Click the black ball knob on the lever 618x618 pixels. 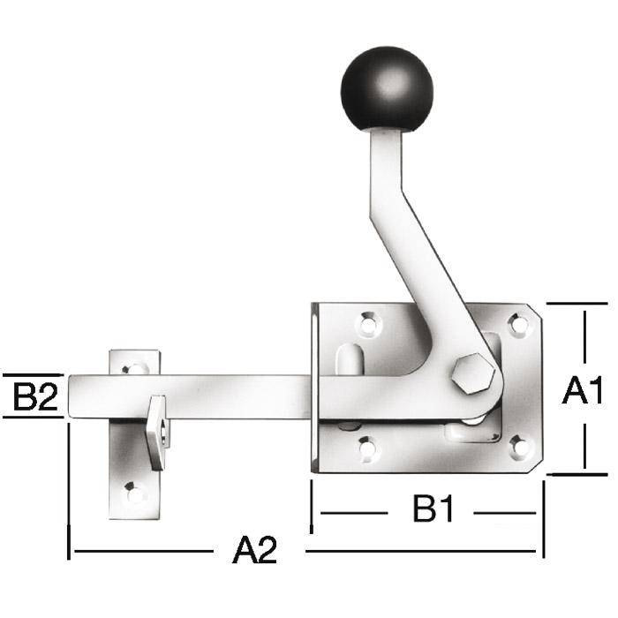pyautogui.click(x=387, y=88)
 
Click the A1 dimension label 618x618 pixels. pyautogui.click(x=583, y=390)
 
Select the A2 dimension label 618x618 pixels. pyautogui.click(x=255, y=550)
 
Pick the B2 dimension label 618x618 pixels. pyautogui.click(x=35, y=396)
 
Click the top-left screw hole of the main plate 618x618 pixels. pyautogui.click(x=368, y=324)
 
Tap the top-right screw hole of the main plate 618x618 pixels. pyautogui.click(x=519, y=324)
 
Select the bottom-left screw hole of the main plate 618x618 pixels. pyautogui.click(x=368, y=448)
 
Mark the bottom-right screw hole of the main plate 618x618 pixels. pyautogui.click(x=520, y=447)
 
